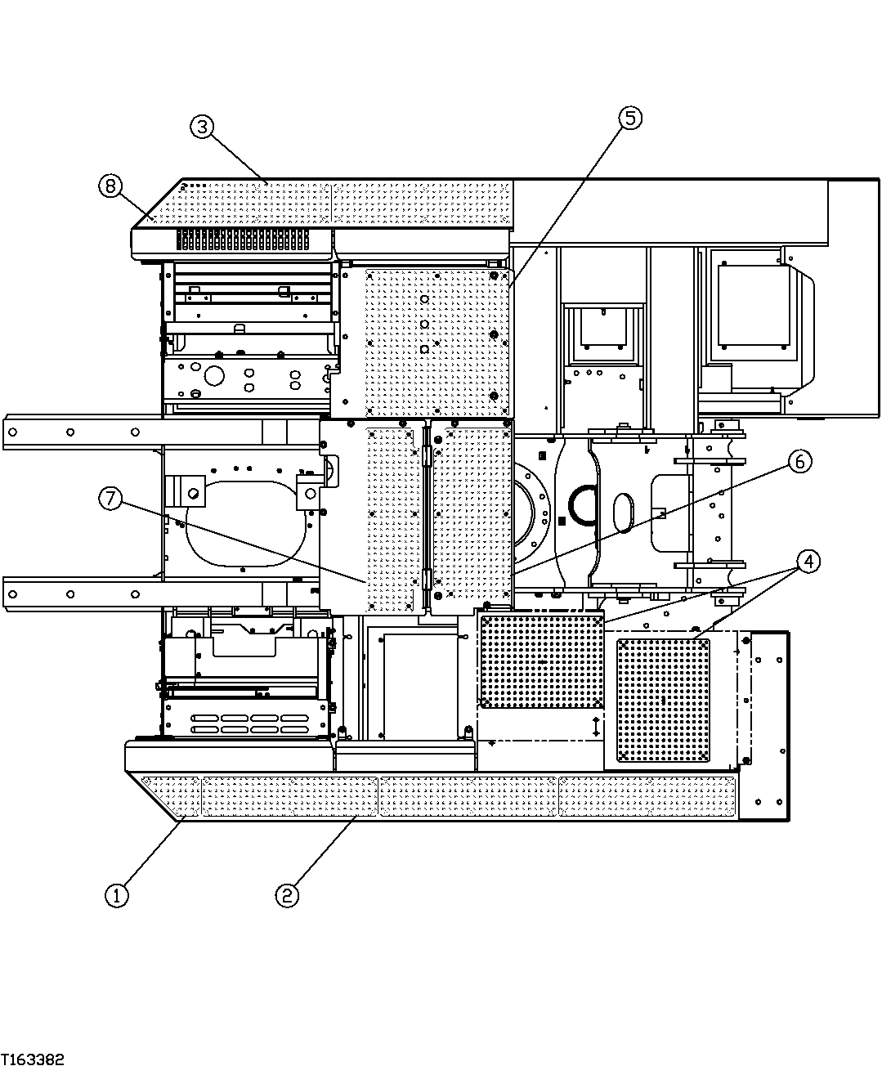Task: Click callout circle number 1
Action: tap(117, 895)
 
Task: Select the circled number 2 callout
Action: tap(286, 895)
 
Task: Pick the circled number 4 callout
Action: tap(808, 562)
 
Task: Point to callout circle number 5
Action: tap(629, 118)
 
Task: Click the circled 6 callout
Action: tap(799, 462)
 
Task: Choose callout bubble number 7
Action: tap(111, 498)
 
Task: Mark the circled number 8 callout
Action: tap(110, 186)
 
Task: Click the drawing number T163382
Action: tap(33, 1059)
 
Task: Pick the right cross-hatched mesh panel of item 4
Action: tap(663, 700)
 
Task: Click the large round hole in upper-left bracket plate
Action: tap(214, 376)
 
